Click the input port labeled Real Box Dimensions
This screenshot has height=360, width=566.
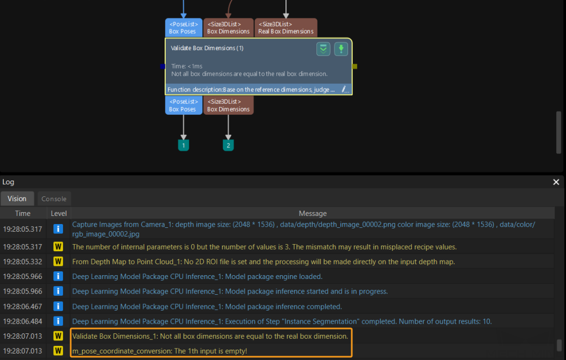tap(285, 28)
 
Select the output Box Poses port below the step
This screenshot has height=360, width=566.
tap(183, 105)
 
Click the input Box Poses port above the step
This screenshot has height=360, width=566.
tap(183, 28)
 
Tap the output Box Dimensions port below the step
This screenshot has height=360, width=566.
tap(228, 105)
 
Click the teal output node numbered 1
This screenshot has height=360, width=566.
tap(184, 145)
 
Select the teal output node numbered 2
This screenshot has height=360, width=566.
tap(228, 145)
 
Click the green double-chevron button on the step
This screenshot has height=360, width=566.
tap(324, 49)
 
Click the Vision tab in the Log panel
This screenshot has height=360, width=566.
tap(17, 198)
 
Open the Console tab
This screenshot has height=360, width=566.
tap(54, 198)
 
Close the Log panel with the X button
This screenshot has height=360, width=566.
tap(556, 182)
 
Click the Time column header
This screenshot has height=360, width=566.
tap(23, 213)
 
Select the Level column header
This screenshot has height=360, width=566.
tap(59, 213)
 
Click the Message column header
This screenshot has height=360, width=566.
tap(313, 213)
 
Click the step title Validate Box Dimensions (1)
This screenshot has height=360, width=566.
tap(207, 48)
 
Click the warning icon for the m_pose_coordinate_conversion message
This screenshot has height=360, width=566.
tap(58, 351)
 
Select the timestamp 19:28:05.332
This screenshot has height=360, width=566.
tap(23, 262)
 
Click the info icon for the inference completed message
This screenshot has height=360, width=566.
tap(58, 307)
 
